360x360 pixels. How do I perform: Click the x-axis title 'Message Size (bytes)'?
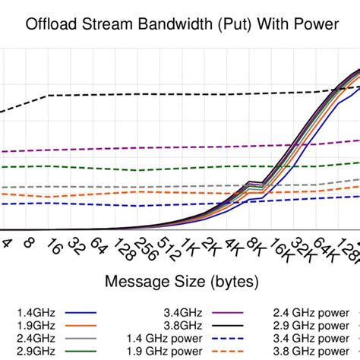pos(182,282)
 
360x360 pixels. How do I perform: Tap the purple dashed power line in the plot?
pos(152,149)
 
